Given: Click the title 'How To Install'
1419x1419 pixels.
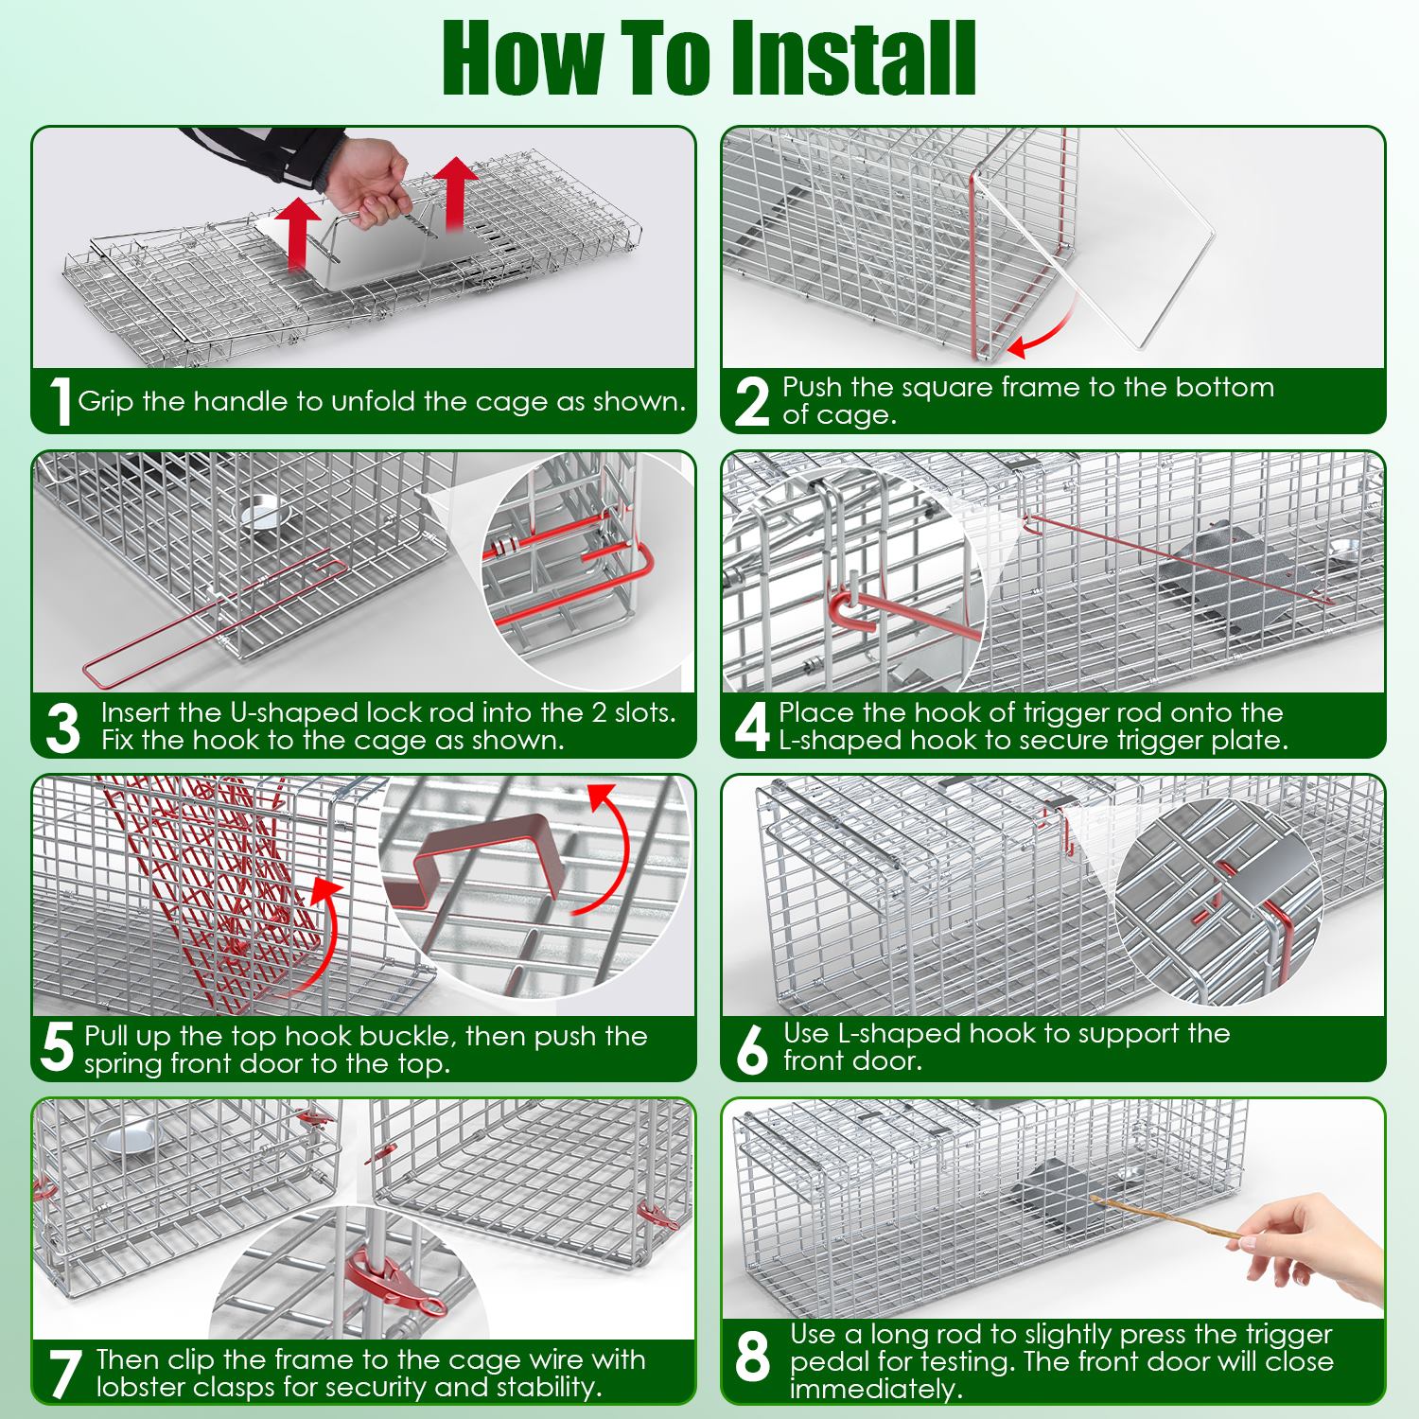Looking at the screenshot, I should point(709,59).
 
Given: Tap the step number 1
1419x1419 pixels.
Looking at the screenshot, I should point(60,402).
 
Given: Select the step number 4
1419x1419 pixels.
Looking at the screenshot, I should point(751,727).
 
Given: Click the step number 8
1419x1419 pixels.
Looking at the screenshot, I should point(752,1358).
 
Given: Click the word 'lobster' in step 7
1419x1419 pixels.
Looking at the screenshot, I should point(141,1387).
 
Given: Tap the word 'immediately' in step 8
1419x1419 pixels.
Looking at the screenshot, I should point(875,1389).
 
